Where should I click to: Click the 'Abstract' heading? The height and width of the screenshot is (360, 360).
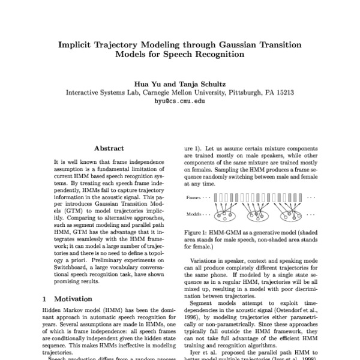click(109, 148)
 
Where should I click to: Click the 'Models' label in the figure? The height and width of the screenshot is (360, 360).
click(194, 213)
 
